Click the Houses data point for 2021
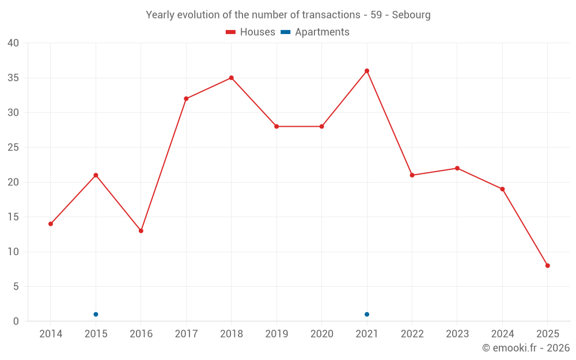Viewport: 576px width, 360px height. (x=367, y=71)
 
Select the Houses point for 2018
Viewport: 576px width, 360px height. (x=231, y=78)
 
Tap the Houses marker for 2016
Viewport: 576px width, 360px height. (x=141, y=230)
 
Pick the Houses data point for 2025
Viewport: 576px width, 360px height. (x=547, y=266)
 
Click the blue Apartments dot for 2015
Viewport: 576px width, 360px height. (x=96, y=314)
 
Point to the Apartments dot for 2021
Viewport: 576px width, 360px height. (x=367, y=314)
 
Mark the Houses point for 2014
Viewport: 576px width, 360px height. (x=51, y=223)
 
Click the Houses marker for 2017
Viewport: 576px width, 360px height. (x=186, y=98)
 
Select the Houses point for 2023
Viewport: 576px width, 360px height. (x=457, y=168)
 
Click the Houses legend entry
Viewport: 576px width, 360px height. (x=251, y=32)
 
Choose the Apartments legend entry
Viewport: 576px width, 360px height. (x=315, y=32)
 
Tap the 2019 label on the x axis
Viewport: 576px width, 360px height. (x=276, y=334)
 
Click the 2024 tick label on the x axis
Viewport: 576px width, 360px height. (x=502, y=334)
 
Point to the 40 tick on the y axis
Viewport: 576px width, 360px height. (x=13, y=43)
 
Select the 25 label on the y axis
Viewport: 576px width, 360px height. (x=13, y=147)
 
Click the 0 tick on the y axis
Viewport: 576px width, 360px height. (x=16, y=321)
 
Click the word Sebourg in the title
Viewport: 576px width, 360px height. (x=411, y=15)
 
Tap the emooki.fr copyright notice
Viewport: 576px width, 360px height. (x=526, y=348)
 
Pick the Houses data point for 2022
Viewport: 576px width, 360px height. (x=412, y=175)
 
